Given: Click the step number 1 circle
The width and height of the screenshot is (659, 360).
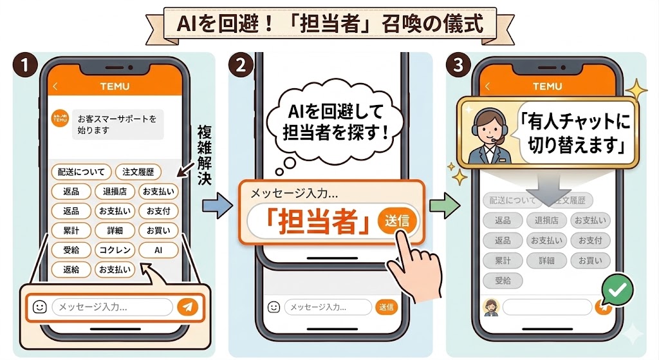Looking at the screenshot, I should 24,65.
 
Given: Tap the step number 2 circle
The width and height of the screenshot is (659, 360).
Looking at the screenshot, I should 241,65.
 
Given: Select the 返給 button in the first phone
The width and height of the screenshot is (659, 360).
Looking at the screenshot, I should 71,269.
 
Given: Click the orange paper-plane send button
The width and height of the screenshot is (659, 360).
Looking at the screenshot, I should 187,307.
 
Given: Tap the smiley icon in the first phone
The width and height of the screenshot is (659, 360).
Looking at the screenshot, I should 39,307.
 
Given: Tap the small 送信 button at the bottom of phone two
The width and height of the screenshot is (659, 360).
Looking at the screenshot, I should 386,307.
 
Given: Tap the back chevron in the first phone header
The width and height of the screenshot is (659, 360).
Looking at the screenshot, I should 55,86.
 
